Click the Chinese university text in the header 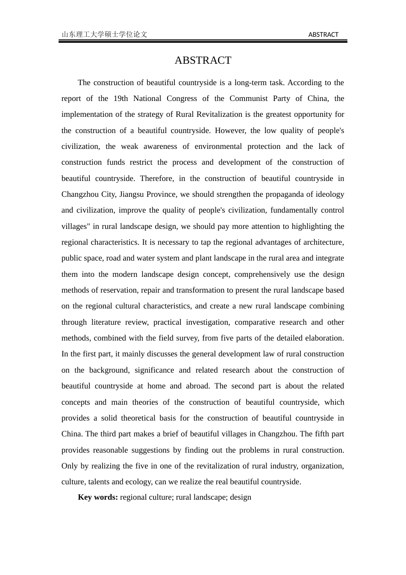click(105, 35)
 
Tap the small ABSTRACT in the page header click(323, 35)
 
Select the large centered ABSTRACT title click(203, 60)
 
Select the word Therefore click(157, 178)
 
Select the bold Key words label click(98, 497)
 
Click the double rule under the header click(203, 41)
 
